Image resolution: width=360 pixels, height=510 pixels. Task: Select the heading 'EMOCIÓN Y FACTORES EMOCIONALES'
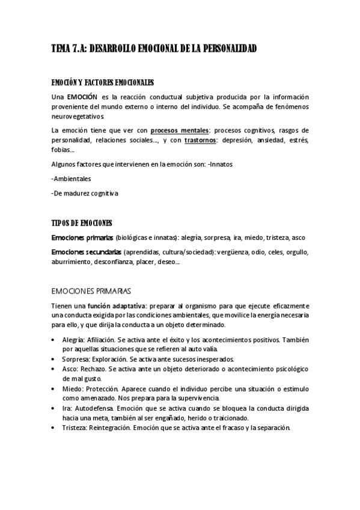102,82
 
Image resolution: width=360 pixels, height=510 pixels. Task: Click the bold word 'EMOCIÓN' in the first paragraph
82,97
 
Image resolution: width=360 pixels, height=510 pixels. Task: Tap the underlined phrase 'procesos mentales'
180,130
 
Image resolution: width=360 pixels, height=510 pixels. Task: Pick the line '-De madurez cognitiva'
85,194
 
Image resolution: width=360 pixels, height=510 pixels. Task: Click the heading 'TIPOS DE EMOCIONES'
82,223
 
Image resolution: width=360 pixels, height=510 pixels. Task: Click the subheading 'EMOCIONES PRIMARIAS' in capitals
91,290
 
